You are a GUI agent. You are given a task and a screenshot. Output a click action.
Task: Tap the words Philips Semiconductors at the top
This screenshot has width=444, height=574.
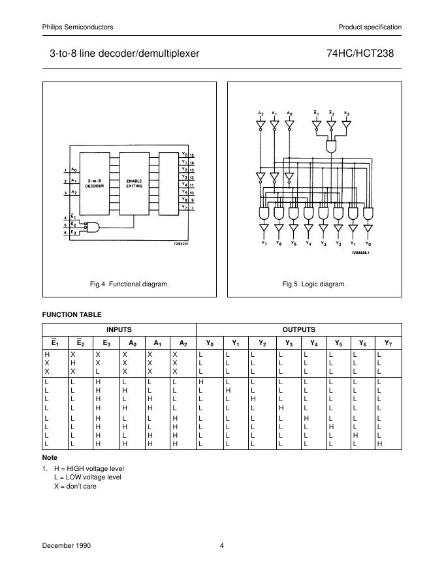pos(78,27)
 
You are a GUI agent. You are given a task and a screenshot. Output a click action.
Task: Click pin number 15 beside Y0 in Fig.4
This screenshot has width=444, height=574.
pos(192,155)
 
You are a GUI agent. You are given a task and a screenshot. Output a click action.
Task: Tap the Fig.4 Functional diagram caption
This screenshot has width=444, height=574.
pos(129,284)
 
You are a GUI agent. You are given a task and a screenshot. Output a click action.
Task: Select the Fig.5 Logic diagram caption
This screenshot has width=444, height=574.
pos(314,284)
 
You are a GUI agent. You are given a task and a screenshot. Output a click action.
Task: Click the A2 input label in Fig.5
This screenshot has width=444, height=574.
pos(260,113)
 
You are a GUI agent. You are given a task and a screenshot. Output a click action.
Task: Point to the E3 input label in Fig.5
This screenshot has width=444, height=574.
pos(346,113)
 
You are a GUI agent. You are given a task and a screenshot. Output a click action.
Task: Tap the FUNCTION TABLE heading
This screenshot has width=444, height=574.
pos(72,314)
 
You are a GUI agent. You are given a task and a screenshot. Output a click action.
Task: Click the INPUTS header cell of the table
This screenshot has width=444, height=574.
pos(119,329)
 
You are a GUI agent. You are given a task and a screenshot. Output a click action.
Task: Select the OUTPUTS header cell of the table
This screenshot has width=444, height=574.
pos(298,329)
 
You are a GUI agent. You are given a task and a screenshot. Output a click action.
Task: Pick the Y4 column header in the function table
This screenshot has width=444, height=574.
pos(313,342)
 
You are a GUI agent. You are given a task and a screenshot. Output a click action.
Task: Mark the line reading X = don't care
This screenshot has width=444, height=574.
pos(75,486)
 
